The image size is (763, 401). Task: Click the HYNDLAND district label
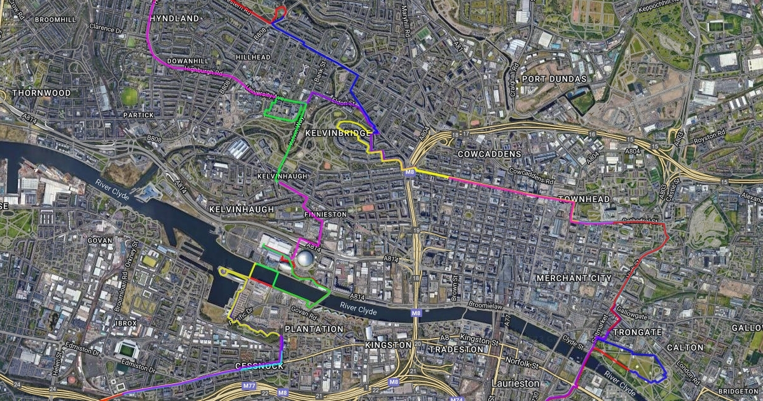(x=175, y=19)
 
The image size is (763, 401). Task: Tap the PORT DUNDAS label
(x=554, y=79)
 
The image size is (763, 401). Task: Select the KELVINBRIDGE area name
(x=338, y=133)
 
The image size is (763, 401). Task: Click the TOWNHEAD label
(x=584, y=200)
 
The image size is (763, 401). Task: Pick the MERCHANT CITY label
(x=574, y=278)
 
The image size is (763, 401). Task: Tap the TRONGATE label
(x=636, y=332)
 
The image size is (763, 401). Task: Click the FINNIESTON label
(x=325, y=215)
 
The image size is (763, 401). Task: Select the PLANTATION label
(x=313, y=329)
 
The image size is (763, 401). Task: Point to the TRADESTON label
(x=456, y=349)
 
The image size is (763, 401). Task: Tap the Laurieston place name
(x=515, y=384)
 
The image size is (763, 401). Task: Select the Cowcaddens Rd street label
(x=532, y=176)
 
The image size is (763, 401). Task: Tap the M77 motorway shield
(x=249, y=386)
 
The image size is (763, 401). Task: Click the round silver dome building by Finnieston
(x=305, y=260)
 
